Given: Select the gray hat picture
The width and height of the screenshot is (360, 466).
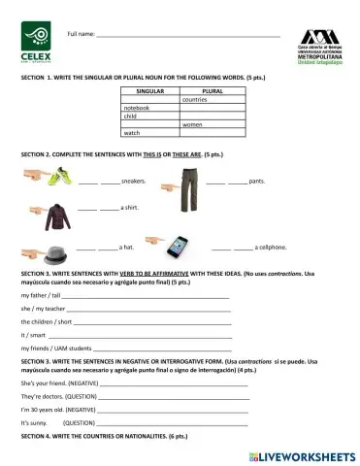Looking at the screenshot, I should pyautogui.click(x=59, y=247).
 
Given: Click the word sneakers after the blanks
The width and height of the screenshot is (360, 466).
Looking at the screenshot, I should pyautogui.click(x=133, y=182).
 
